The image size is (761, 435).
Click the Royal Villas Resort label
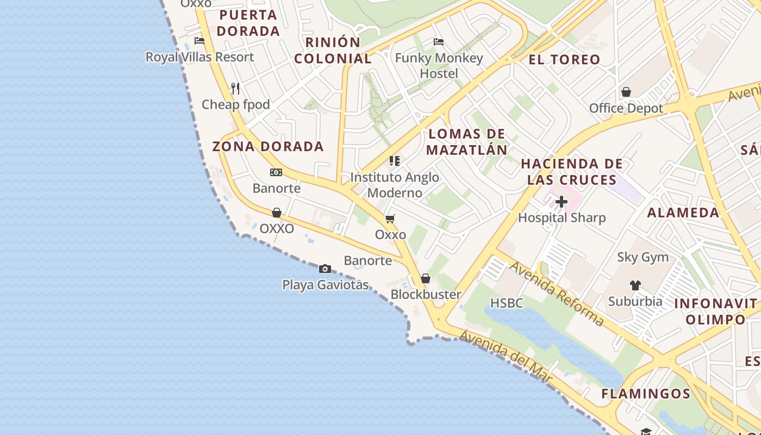point(199,57)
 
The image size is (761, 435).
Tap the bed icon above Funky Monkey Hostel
point(439,42)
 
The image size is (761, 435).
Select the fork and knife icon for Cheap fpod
point(235,88)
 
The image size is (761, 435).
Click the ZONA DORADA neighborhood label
point(268,146)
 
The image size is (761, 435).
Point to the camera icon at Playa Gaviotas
point(325,269)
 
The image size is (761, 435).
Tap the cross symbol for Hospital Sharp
point(562,202)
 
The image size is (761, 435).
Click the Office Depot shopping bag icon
point(626,92)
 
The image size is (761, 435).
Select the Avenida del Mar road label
point(506,357)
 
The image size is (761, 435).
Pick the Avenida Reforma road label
point(557,294)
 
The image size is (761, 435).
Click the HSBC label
point(507,303)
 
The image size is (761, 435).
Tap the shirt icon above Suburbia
point(635,285)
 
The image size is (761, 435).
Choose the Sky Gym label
point(643,257)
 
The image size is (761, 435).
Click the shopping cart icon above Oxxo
point(390,219)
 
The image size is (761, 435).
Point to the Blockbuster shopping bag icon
point(426,278)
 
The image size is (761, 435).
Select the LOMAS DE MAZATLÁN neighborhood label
point(467,142)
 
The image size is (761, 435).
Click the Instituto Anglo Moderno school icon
point(395,161)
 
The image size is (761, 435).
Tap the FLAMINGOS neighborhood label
point(646,394)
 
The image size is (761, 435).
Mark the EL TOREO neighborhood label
point(564,59)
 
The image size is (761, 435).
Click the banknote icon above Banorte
point(276,172)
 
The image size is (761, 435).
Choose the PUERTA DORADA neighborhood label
point(248,23)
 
